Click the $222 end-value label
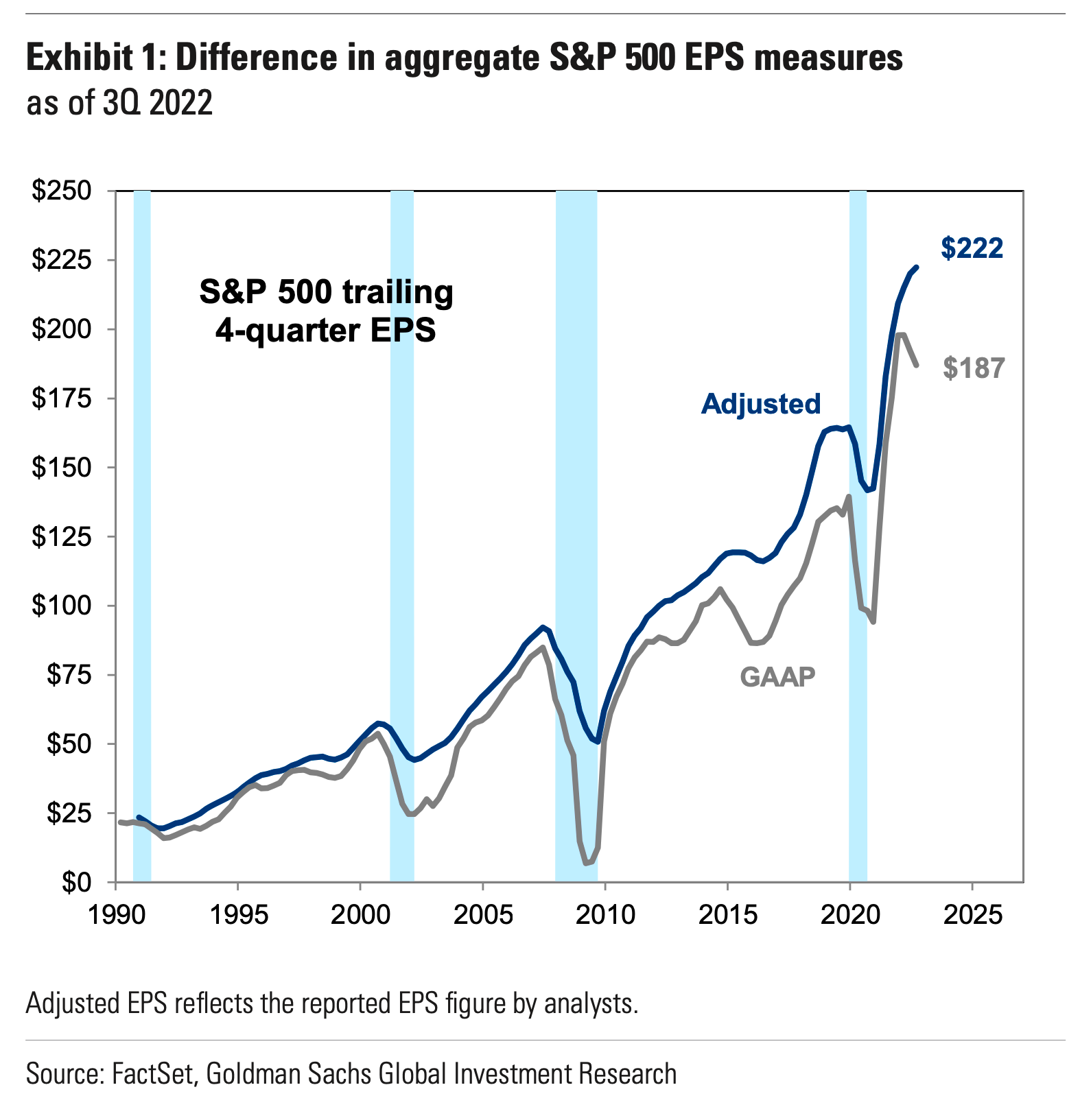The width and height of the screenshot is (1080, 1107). pos(972,248)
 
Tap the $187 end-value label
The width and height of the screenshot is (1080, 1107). pos(974,369)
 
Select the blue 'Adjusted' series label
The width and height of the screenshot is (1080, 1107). pos(760,404)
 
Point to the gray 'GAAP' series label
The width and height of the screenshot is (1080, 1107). pos(777,677)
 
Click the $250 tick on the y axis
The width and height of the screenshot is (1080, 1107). pos(61,191)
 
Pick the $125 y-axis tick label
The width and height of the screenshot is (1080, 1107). pos(61,536)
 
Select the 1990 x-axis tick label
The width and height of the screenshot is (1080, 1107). pos(115,916)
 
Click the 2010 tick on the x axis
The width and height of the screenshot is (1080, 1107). pos(604,916)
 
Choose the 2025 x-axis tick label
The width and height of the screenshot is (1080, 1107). pos(972,916)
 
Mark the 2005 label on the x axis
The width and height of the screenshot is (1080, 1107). pos(482,916)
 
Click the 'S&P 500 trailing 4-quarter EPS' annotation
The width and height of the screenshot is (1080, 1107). pos(326,311)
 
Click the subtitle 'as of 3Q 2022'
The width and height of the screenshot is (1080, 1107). pos(119,104)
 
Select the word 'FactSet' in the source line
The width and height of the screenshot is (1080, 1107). pos(154,1073)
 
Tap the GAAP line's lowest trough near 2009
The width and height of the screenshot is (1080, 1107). pos(587,864)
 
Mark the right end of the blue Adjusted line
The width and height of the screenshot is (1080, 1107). pos(917,267)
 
